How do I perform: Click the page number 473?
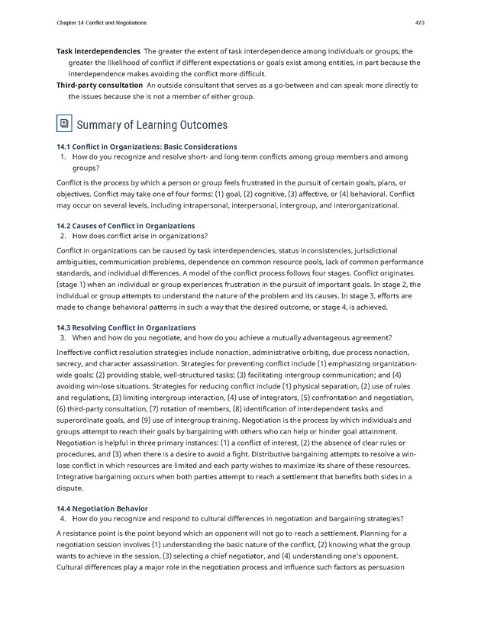(x=419, y=22)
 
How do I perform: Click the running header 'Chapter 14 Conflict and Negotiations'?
(x=102, y=22)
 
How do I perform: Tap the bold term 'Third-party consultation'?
(x=99, y=85)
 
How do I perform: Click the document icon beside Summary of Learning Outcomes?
(x=64, y=124)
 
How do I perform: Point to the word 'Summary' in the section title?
(x=102, y=124)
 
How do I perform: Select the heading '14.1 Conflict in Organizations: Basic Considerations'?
(x=147, y=147)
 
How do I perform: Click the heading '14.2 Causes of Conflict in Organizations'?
(x=125, y=226)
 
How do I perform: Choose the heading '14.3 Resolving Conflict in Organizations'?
(x=126, y=327)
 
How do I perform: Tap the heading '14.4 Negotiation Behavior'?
(x=102, y=508)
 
